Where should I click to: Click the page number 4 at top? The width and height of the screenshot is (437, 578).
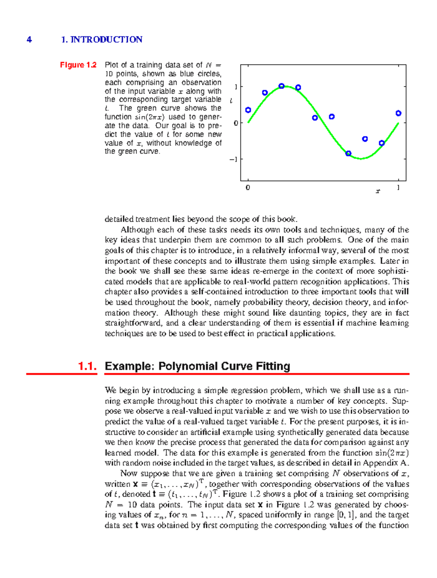[29, 40]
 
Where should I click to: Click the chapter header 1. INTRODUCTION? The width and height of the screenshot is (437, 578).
[102, 40]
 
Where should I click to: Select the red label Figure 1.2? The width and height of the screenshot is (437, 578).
[78, 65]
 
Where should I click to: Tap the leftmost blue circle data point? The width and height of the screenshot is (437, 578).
[248, 110]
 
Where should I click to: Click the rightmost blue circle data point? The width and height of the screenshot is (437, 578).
[398, 113]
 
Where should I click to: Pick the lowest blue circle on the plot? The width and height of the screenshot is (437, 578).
[348, 153]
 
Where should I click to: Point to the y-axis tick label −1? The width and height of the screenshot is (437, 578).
[234, 159]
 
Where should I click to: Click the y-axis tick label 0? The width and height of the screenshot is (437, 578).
[236, 123]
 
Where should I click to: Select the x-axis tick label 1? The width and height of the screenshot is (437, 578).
[398, 188]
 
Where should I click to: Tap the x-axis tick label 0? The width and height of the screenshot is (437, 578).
[248, 188]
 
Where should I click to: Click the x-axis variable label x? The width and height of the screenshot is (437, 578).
[378, 191]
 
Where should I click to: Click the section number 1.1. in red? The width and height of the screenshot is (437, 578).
[87, 366]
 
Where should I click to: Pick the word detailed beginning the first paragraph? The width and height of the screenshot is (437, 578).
[119, 219]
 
